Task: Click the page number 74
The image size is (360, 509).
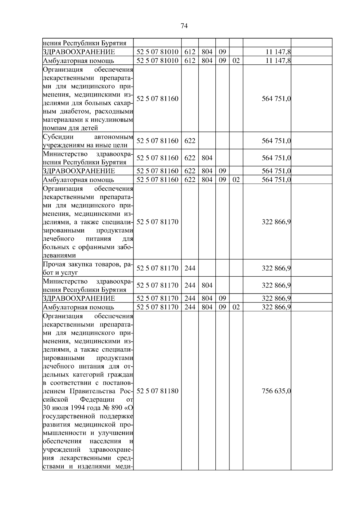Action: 184,26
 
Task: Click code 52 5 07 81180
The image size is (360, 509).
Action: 157,391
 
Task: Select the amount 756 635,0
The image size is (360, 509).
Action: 276,391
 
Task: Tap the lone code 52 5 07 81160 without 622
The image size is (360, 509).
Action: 157,99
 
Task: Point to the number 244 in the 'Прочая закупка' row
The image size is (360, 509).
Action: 190,268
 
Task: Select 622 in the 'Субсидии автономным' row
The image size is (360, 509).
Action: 190,141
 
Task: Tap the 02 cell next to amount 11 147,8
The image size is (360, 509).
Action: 236,61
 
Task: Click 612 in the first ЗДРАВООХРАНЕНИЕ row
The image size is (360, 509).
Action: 190,52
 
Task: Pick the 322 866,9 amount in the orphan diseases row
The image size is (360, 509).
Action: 276,222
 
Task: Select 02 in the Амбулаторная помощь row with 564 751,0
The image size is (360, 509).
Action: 236,180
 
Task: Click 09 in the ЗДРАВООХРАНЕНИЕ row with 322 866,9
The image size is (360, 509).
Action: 222,299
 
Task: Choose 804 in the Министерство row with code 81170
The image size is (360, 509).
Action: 207,285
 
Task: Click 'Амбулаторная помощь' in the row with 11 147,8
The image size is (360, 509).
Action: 79,61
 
